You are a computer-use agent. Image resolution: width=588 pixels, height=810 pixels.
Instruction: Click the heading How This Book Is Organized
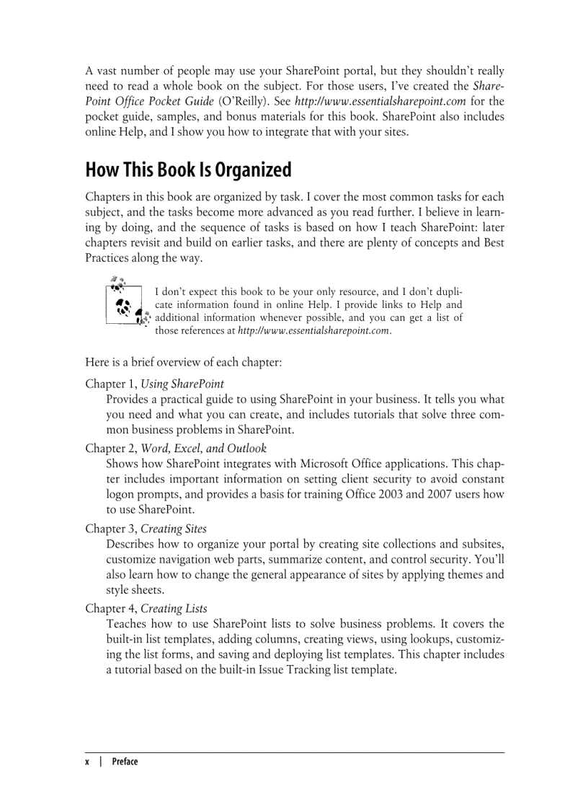pos(188,170)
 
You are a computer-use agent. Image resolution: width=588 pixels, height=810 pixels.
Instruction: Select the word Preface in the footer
pos(125,762)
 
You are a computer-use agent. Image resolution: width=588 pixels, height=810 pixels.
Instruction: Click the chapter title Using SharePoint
pos(182,384)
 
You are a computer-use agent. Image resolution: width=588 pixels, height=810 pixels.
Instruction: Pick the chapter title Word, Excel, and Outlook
pos(204,449)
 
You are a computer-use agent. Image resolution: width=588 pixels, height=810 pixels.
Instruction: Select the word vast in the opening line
pos(108,71)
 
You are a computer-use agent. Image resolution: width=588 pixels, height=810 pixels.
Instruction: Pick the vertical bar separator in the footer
pos(101,762)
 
